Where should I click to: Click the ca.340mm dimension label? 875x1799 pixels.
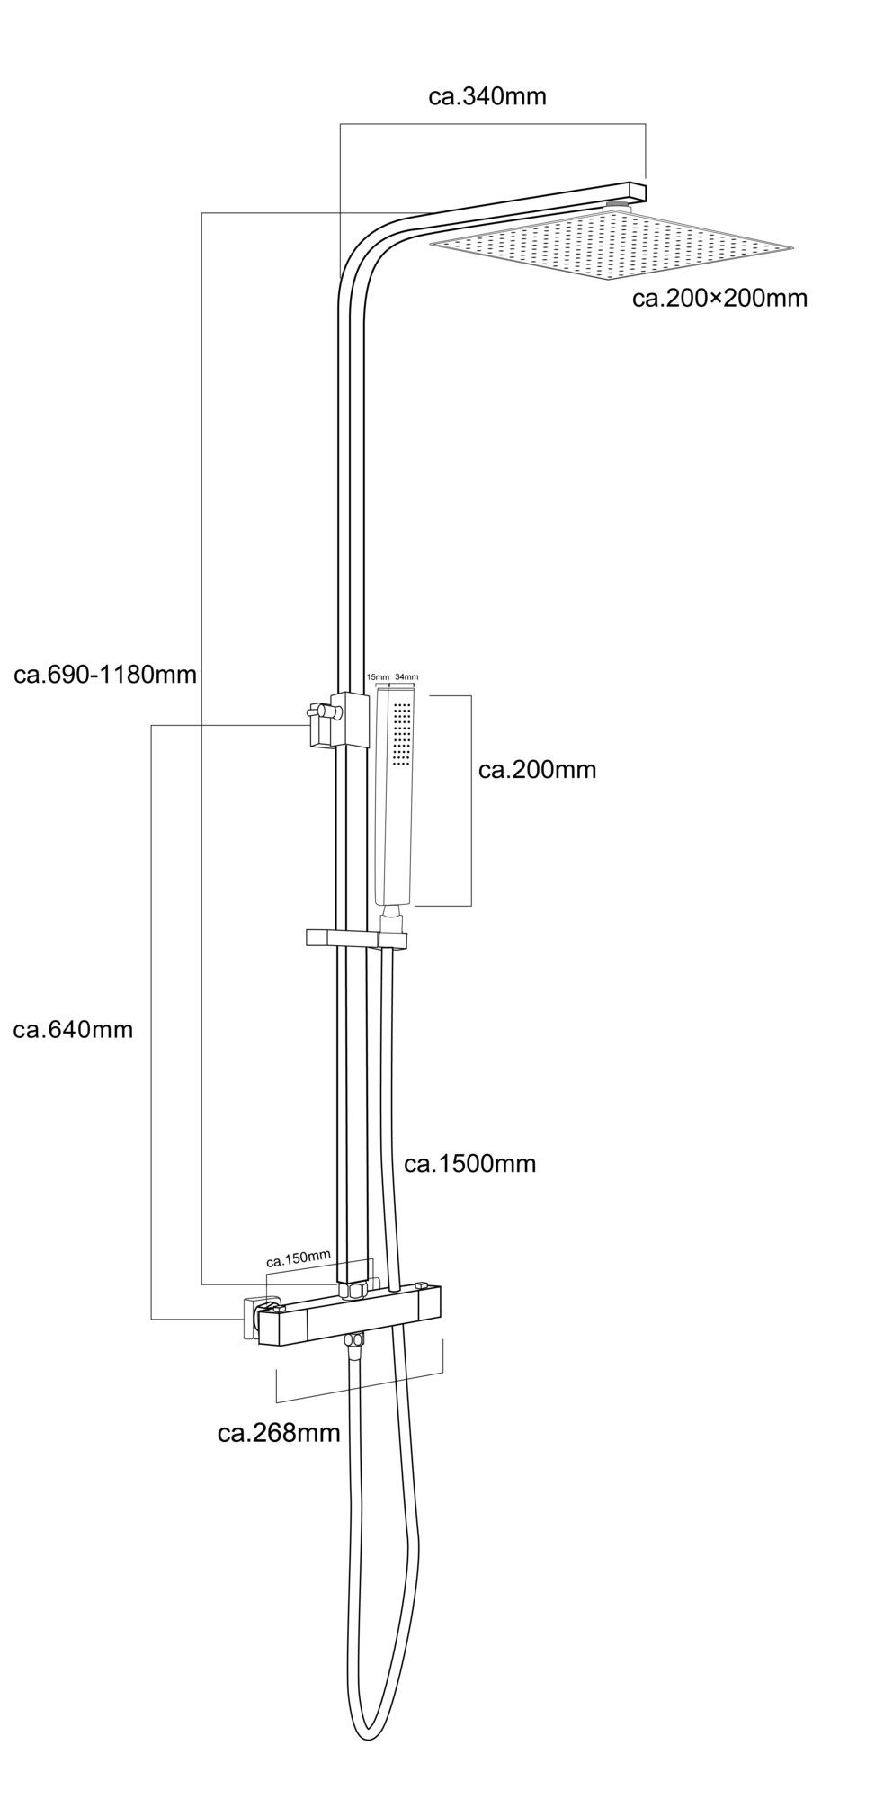click(487, 96)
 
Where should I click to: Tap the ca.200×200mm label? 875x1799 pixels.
click(719, 298)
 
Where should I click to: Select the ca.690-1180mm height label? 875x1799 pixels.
click(105, 674)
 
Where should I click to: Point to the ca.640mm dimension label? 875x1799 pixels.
click(73, 1030)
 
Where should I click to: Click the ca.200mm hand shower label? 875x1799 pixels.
click(538, 770)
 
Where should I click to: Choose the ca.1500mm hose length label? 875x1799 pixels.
click(469, 1164)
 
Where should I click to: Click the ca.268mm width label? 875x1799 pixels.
click(279, 1433)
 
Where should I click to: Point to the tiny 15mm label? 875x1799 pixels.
click(377, 676)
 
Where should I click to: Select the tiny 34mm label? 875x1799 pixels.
click(406, 676)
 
